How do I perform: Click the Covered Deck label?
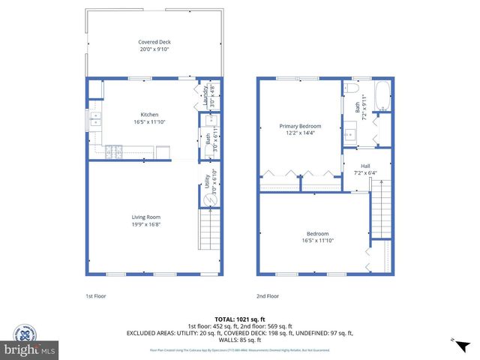click(x=154, y=42)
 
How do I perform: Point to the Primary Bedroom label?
click(x=300, y=126)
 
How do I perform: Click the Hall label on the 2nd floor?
click(x=365, y=166)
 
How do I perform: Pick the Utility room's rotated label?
click(x=206, y=180)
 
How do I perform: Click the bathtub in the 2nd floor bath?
click(x=382, y=95)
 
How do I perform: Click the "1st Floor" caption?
click(x=95, y=296)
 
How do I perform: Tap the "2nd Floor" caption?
click(x=267, y=296)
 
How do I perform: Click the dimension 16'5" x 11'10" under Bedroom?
click(x=315, y=240)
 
